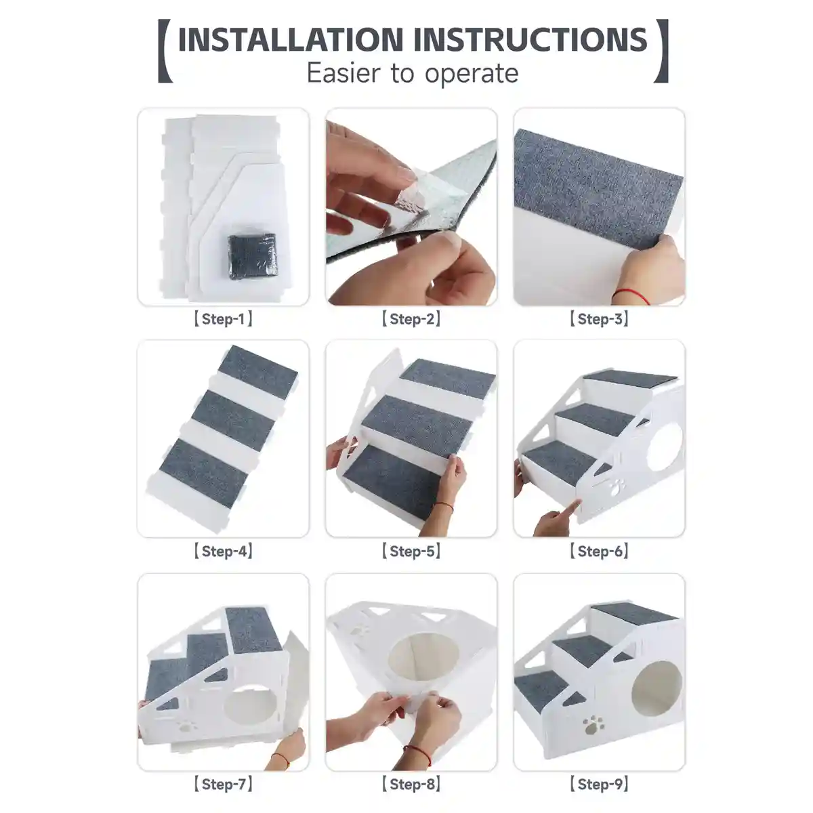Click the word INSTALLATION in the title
coord(291,40)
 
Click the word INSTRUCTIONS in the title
coord(530,40)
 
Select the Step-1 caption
coord(223,319)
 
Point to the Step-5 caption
coord(411,551)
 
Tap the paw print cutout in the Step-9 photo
coord(593,724)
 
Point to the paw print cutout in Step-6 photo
coord(617,488)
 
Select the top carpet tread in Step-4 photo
coord(257,369)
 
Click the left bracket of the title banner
coord(165,51)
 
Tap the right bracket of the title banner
coord(661,51)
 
